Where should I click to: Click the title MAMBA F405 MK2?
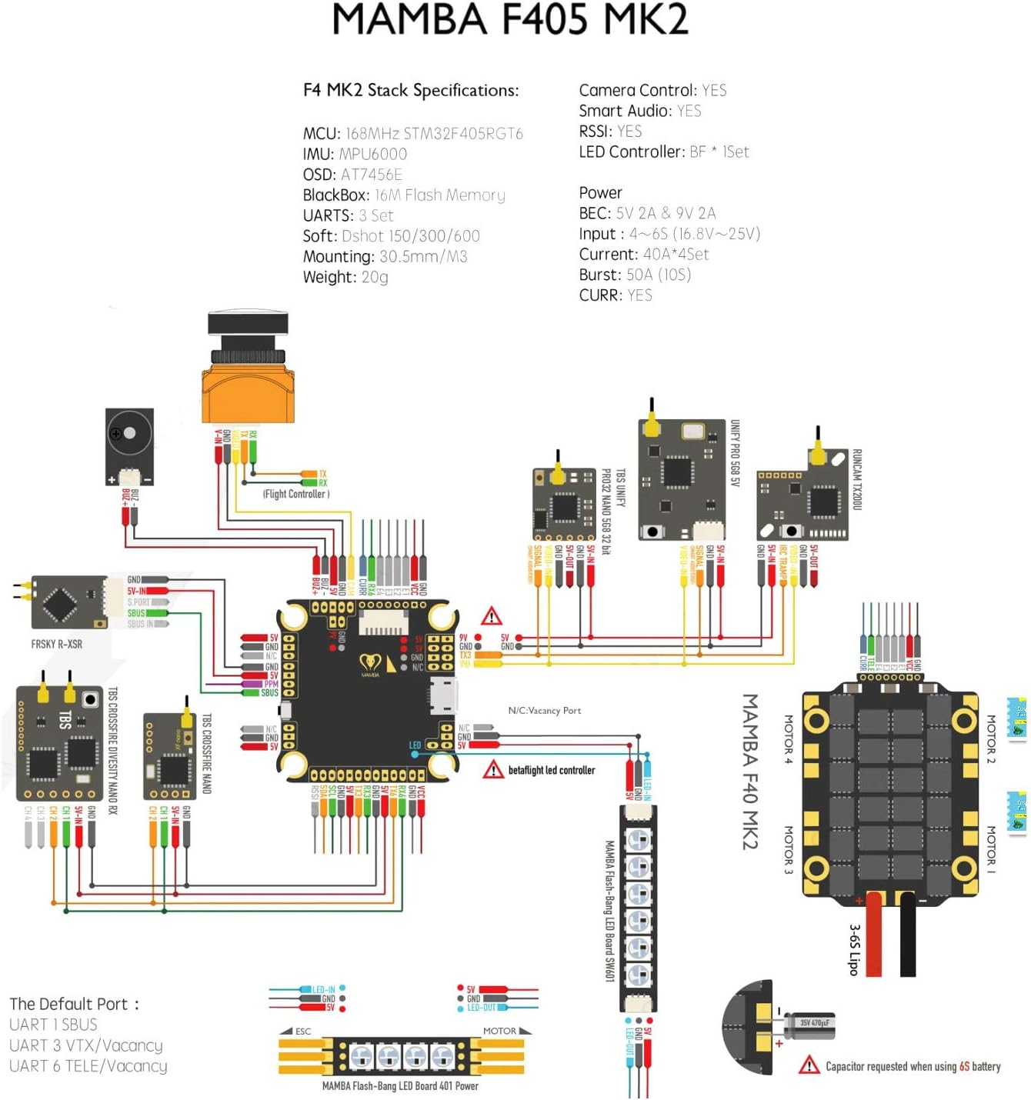click(510, 20)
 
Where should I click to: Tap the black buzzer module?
click(129, 446)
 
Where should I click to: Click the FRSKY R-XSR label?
click(56, 644)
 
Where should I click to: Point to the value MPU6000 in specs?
click(373, 154)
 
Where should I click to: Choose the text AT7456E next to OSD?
click(372, 175)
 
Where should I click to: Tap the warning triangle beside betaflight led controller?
click(493, 769)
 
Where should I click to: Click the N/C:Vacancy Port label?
click(544, 711)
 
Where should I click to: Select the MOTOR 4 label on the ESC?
click(789, 739)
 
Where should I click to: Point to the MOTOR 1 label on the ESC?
click(991, 850)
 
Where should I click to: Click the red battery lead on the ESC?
click(874, 935)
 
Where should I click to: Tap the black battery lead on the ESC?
click(908, 935)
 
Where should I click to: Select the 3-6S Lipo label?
click(854, 950)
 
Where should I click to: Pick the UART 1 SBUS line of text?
click(53, 1025)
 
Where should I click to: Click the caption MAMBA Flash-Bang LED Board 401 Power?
click(400, 1086)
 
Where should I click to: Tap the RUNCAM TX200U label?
click(857, 479)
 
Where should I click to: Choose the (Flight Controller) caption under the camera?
click(296, 494)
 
